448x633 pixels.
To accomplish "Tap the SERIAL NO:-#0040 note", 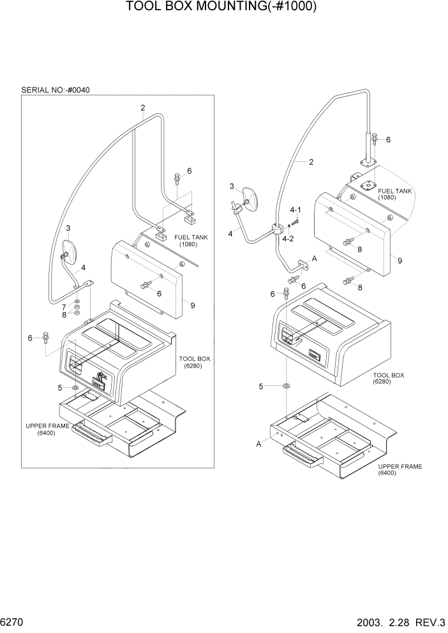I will click(x=56, y=90).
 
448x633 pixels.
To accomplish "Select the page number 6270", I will click(x=13, y=620).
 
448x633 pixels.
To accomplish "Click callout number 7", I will click(x=64, y=307).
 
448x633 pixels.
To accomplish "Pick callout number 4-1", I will click(x=295, y=210).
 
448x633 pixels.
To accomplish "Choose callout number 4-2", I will click(x=288, y=239).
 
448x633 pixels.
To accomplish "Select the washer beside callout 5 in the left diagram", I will click(x=76, y=387).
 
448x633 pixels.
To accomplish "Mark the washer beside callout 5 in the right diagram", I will click(x=285, y=386).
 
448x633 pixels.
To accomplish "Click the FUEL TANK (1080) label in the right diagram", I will click(x=395, y=194).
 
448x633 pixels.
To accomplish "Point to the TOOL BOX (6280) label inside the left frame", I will click(x=195, y=362).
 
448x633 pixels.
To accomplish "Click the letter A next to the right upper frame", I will click(x=258, y=443).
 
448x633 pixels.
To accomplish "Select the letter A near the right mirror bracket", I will click(x=313, y=258).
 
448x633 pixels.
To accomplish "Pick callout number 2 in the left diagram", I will click(x=143, y=107).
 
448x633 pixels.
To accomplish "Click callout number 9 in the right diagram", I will click(x=399, y=260).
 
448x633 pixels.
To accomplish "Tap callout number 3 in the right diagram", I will click(x=233, y=186).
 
